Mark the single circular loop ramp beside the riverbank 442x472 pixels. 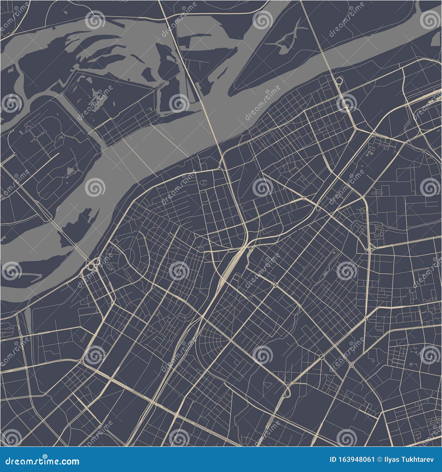(x=339, y=81)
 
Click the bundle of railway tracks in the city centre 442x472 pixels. (x=232, y=265)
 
